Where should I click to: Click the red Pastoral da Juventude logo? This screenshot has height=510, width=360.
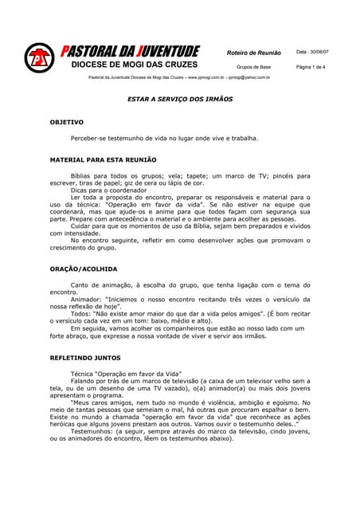(x=37, y=58)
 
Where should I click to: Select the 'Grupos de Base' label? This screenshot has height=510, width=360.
(x=254, y=67)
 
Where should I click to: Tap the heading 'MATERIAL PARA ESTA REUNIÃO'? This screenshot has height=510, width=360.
(x=103, y=159)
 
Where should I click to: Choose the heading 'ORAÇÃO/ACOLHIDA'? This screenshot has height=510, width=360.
(x=83, y=269)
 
